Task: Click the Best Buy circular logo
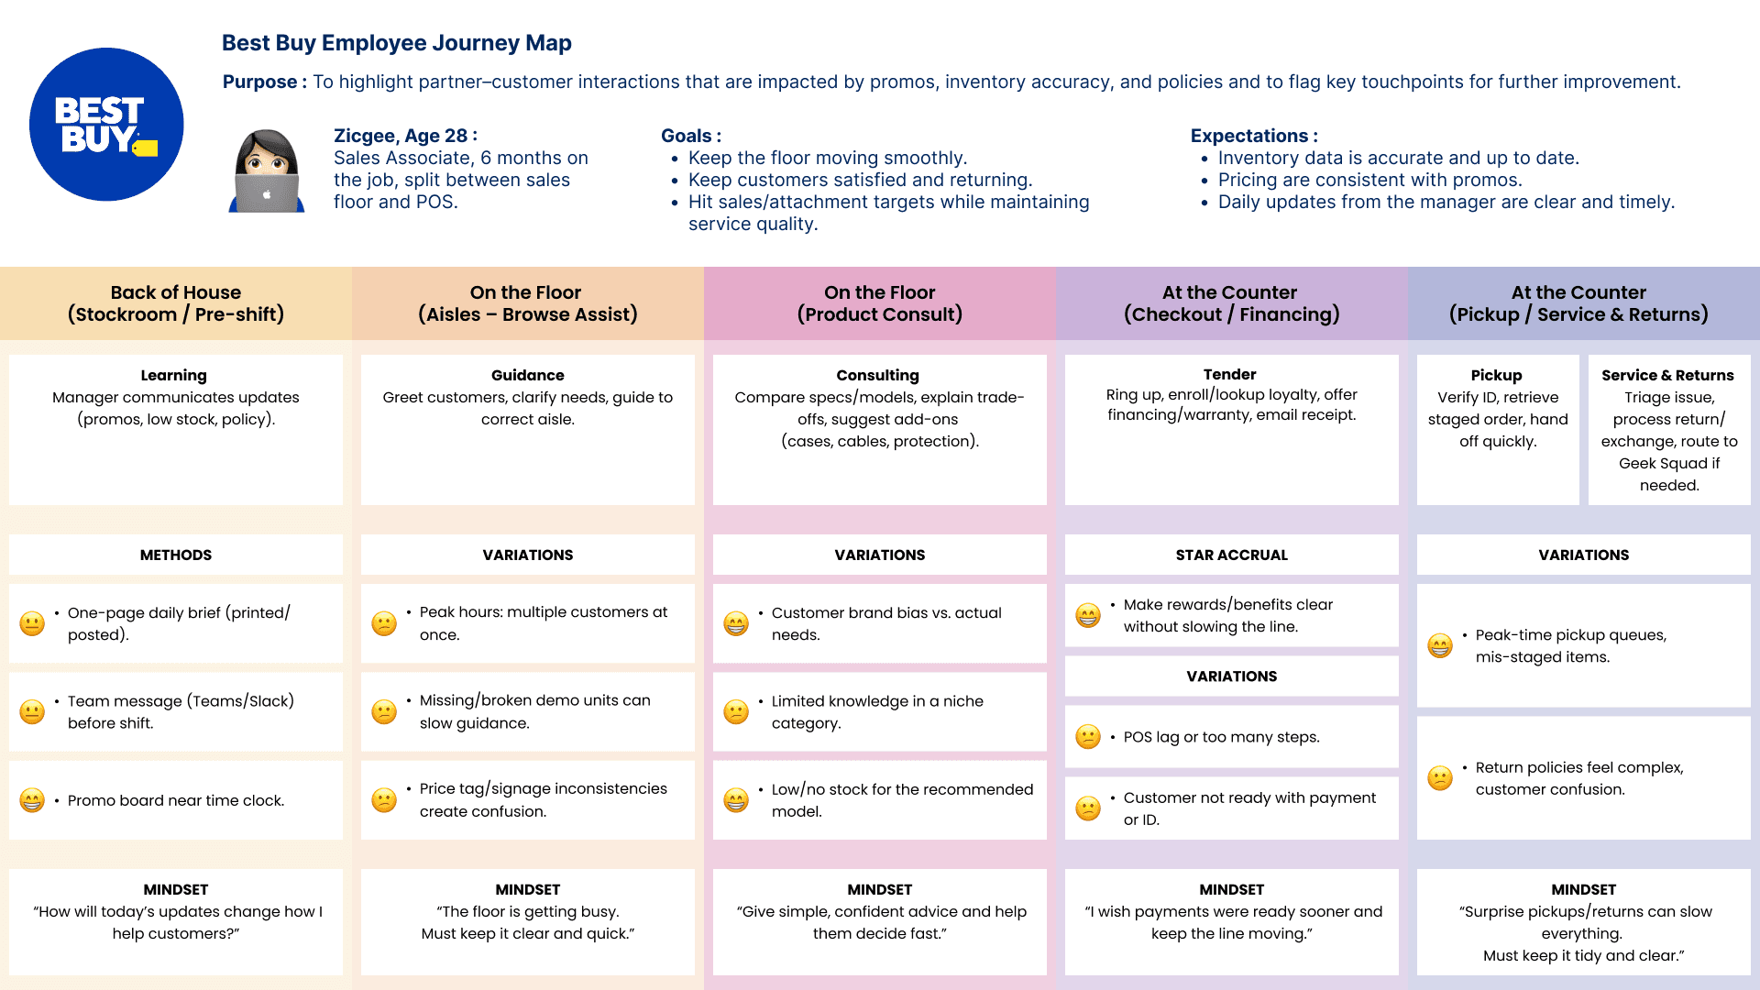(x=106, y=125)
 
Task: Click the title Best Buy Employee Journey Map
(x=396, y=43)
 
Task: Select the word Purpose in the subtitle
(x=259, y=82)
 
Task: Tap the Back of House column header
(x=176, y=303)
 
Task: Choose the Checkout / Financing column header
(x=1231, y=303)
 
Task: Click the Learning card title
(x=174, y=375)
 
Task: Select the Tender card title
(x=1229, y=374)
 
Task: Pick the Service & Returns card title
(x=1667, y=375)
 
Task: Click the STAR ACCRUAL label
(x=1231, y=555)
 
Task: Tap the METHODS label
(x=176, y=555)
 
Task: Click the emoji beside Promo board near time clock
(x=32, y=800)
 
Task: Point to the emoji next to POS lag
(x=1088, y=737)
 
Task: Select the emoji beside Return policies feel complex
(x=1440, y=778)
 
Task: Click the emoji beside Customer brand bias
(x=736, y=624)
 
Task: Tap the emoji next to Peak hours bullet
(x=384, y=624)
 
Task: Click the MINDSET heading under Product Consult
(x=879, y=889)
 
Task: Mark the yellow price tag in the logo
(x=146, y=148)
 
